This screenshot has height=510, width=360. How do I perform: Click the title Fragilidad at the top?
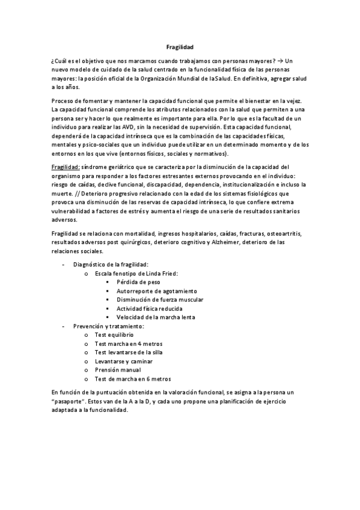[180, 46]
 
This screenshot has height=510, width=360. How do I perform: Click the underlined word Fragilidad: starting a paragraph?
[67, 166]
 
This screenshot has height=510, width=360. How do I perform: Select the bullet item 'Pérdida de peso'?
[138, 281]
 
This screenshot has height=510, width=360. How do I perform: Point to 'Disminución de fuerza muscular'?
[159, 300]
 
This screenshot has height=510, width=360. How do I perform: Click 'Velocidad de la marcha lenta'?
[155, 317]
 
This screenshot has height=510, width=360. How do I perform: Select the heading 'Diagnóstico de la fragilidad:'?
[111, 264]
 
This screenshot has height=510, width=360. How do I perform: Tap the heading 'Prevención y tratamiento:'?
[108, 326]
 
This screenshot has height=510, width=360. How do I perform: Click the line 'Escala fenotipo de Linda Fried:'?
[136, 273]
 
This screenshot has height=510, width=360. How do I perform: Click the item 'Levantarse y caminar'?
[123, 361]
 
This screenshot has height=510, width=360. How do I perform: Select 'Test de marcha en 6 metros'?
[133, 379]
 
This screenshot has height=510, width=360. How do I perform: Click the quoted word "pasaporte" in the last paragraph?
[70, 400]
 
